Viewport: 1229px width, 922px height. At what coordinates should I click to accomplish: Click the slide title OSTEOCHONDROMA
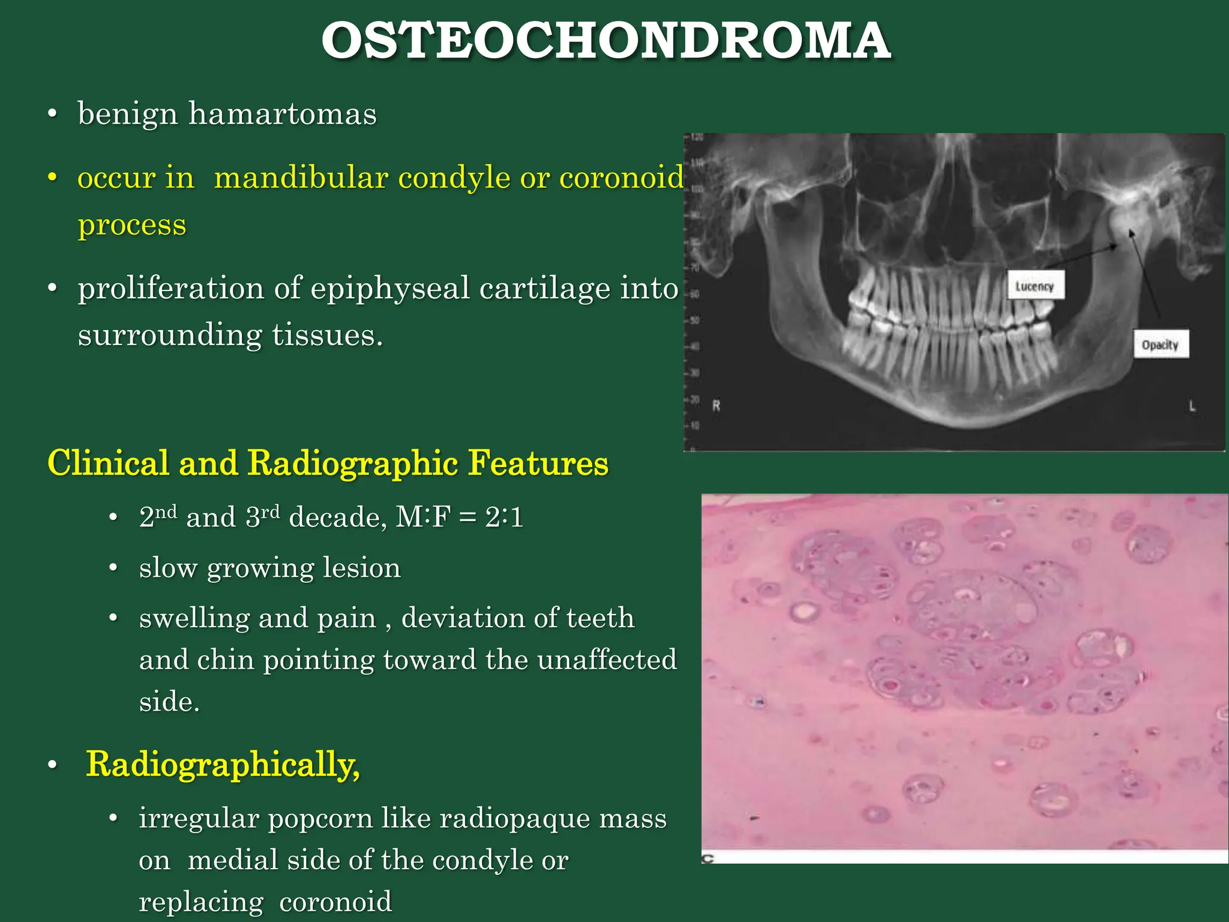[x=605, y=41]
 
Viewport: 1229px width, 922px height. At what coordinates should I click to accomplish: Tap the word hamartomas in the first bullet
[x=283, y=114]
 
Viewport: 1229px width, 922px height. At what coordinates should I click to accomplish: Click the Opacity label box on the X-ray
[x=1160, y=345]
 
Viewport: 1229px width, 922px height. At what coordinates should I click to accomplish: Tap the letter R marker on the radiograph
[x=716, y=406]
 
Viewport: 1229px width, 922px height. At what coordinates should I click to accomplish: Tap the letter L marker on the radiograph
[x=1192, y=406]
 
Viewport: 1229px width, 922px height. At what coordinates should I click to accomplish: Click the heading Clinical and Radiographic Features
[x=328, y=463]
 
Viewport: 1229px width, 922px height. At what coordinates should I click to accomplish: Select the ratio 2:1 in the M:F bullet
[x=504, y=517]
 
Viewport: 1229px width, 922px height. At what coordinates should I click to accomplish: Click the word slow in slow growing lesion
[x=167, y=568]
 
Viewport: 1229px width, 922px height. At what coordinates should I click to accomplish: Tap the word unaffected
[x=607, y=660]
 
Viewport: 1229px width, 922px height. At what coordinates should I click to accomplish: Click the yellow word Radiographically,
[x=223, y=765]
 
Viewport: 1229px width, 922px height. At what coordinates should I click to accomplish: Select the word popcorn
[x=320, y=818]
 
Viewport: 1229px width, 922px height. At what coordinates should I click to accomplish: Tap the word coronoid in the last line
[x=335, y=902]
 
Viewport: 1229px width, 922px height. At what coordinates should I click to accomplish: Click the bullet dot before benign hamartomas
[x=53, y=114]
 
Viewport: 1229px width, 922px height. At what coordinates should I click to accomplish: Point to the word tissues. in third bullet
[x=327, y=335]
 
